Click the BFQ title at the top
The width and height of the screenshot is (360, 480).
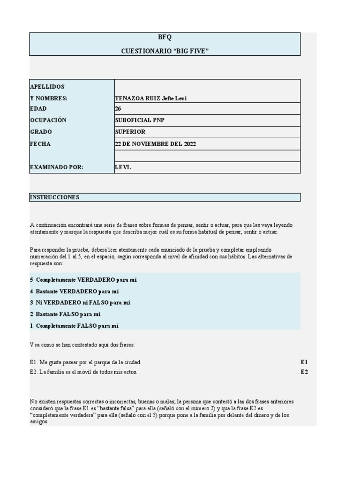click(165, 38)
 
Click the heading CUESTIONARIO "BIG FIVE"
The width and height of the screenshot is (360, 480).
click(165, 50)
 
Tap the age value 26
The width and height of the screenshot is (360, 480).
click(118, 108)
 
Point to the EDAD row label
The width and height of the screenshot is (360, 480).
click(38, 108)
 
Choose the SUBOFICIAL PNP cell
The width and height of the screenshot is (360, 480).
click(140, 120)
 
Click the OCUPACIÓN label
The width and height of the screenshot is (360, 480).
click(48, 120)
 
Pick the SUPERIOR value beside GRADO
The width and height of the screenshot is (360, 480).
click(130, 132)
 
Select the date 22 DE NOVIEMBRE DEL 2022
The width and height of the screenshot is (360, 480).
click(156, 144)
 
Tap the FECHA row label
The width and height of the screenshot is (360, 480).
click(40, 144)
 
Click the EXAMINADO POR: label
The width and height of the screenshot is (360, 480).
click(56, 167)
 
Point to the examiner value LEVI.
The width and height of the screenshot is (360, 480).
click(123, 167)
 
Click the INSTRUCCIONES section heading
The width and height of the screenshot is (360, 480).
click(54, 197)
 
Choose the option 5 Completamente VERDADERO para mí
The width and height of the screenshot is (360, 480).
click(83, 280)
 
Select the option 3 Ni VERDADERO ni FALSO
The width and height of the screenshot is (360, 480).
click(80, 302)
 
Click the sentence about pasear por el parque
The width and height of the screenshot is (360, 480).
click(85, 362)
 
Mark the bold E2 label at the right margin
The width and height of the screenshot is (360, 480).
click(304, 372)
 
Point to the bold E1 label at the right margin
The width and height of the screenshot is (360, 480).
click(304, 362)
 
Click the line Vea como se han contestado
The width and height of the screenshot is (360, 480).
click(82, 345)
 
